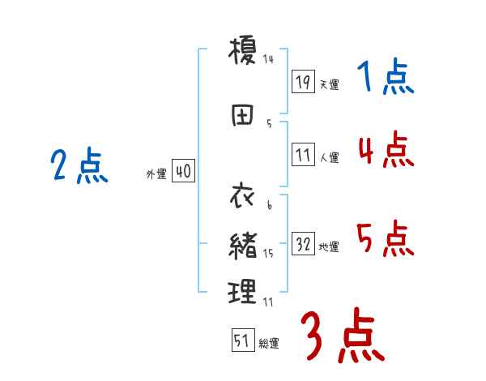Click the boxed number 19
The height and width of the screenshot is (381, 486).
pos(303,81)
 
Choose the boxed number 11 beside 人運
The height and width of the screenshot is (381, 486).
pos(303,155)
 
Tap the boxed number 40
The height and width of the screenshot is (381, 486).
pos(183,172)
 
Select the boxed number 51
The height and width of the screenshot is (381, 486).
pos(242,341)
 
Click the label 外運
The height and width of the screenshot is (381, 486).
pos(156,174)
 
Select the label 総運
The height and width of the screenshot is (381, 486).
pos(268,344)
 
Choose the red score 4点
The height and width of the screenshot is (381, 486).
pos(386,150)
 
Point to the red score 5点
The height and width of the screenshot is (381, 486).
pos(386,239)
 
